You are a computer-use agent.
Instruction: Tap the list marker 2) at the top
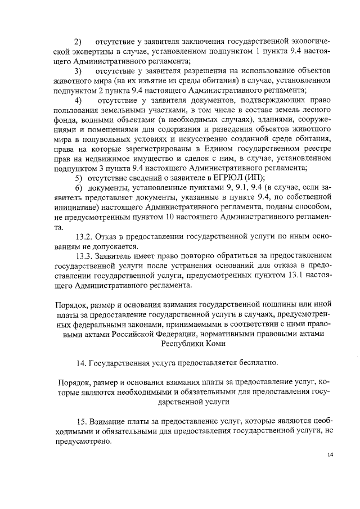(78, 42)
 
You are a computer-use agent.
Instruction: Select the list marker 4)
(78, 100)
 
